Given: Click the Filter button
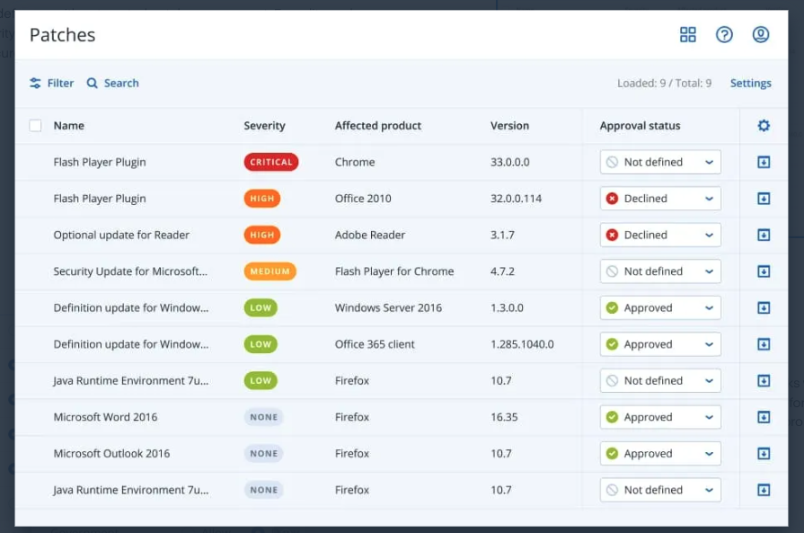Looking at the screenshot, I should [x=51, y=83].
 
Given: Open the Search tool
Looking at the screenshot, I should [x=112, y=83].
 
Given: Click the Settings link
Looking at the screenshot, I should [x=750, y=83].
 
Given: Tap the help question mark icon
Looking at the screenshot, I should [x=724, y=34].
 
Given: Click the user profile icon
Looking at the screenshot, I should [x=760, y=34].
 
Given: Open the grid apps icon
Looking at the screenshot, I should [x=688, y=34].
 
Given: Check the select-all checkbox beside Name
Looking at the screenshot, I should [x=35, y=126].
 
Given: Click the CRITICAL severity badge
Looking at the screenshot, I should [x=270, y=162].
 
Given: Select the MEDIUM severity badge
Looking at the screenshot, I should [x=269, y=271].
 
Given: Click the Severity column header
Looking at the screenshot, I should [x=264, y=126].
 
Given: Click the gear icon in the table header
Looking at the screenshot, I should [x=764, y=126].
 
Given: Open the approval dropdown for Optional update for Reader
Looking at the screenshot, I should [x=660, y=235].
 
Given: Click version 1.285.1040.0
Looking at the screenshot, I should [x=522, y=344].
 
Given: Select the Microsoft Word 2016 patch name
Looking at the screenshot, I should [x=105, y=417].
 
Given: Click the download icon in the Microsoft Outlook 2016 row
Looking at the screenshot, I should [x=764, y=454].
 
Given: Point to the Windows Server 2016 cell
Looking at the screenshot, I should [x=388, y=307].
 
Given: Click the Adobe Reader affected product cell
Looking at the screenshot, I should [x=370, y=235].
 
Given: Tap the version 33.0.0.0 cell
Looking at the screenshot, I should [x=510, y=162].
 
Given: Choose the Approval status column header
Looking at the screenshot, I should [x=640, y=126].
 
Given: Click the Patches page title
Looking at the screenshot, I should [x=62, y=35].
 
